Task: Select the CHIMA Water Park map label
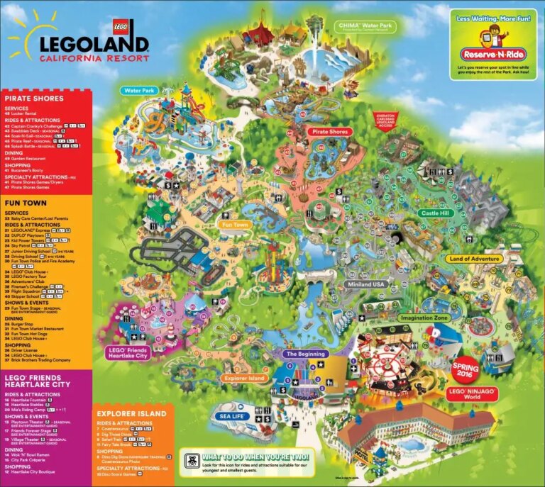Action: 358,26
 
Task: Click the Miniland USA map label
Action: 366,284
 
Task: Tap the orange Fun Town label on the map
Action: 236,225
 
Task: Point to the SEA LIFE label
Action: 231,416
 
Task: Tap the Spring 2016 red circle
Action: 466,366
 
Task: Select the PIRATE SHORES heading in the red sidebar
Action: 33,98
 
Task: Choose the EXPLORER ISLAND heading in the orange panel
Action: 131,413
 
